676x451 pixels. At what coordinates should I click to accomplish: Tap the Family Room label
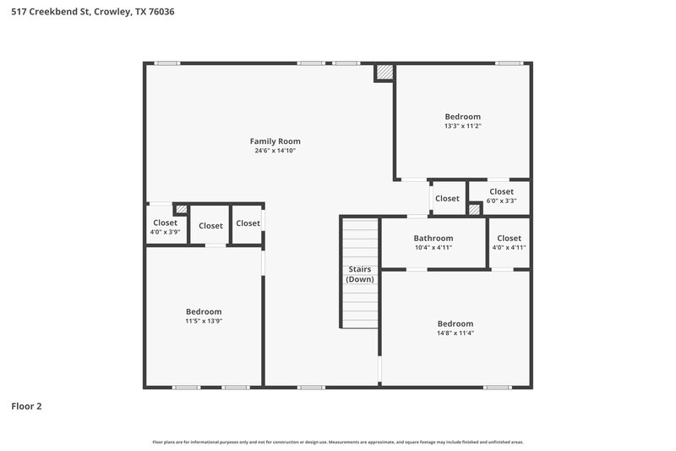point(275,141)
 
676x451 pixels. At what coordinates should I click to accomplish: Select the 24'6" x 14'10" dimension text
point(275,151)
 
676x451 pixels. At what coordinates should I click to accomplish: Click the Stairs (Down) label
point(361,274)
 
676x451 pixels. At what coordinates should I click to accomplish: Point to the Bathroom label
point(433,238)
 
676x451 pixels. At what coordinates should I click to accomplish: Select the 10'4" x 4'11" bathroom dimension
point(433,247)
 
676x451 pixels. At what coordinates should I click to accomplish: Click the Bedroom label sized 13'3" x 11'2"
point(462,116)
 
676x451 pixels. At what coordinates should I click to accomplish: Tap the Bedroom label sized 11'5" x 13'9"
point(204,311)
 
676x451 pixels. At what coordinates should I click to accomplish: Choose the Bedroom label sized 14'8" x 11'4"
point(455,323)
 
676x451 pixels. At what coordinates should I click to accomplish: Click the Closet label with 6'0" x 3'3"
point(501,191)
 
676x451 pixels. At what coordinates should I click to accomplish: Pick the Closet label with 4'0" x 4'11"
point(509,238)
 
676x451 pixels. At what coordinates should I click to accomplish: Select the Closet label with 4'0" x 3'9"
point(165,223)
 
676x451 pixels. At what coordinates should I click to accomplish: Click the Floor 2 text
point(26,406)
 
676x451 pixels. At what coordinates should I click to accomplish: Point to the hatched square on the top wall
point(384,74)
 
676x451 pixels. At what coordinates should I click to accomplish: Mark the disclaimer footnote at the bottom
point(337,442)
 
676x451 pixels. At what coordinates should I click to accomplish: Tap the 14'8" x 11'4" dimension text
point(455,333)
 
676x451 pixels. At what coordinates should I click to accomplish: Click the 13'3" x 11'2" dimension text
point(462,125)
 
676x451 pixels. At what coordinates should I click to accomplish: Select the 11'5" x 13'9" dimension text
point(204,321)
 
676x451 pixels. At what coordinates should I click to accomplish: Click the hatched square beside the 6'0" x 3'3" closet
point(474,208)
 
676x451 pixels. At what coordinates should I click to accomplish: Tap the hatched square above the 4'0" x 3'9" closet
point(180,208)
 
